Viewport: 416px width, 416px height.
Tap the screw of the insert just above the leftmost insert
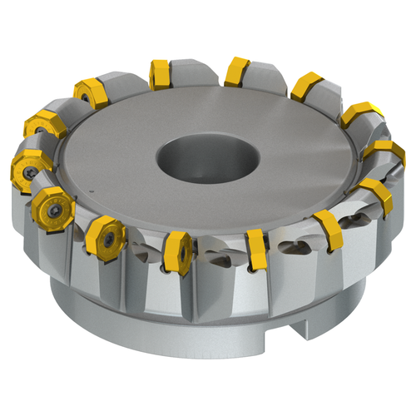38,126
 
